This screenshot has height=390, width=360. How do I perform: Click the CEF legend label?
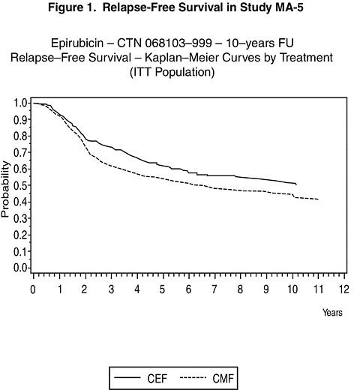click(x=157, y=378)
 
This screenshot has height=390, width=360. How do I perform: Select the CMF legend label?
click(x=223, y=378)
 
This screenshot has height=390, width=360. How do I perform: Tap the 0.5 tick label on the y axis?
click(x=20, y=185)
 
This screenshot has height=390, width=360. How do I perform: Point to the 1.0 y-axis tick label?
click(x=20, y=103)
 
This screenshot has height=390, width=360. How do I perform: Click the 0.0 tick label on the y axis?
click(x=20, y=268)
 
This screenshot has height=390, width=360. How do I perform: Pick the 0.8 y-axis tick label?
click(x=20, y=136)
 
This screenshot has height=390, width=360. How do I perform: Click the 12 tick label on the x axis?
click(x=343, y=289)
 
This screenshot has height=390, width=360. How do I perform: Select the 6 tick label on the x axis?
click(x=188, y=289)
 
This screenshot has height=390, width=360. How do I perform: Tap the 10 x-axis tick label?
click(x=292, y=289)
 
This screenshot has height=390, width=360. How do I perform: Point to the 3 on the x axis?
click(x=111, y=289)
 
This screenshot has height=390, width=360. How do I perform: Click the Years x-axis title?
click(x=332, y=313)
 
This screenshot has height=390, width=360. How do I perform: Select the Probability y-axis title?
click(x=5, y=189)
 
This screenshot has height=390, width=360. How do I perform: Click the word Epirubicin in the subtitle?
click(x=77, y=43)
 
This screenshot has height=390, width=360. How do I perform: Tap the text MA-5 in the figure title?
click(x=289, y=7)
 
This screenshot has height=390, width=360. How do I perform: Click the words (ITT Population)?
click(x=172, y=72)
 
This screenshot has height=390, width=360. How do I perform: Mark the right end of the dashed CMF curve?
click(x=318, y=199)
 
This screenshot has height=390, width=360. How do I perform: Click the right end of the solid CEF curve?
click(x=296, y=184)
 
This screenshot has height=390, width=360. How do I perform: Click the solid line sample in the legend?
click(x=127, y=377)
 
